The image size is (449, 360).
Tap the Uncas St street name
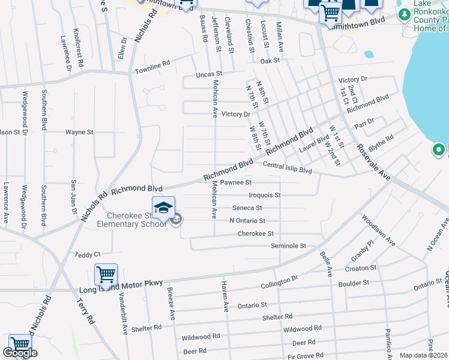coord(209,74)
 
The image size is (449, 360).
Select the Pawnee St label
coord(235,182)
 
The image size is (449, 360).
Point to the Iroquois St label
coord(265,195)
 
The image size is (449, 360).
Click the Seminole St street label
coord(288,246)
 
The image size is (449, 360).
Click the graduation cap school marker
coord(163,208)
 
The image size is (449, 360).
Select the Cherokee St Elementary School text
coord(136,220)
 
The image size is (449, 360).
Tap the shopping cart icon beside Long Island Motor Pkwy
coord(106,275)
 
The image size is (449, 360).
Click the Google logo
coord(20,353)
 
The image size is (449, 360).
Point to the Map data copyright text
coord(423,355)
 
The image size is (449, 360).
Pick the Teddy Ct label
coord(88,255)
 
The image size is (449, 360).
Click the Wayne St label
coord(79,131)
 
